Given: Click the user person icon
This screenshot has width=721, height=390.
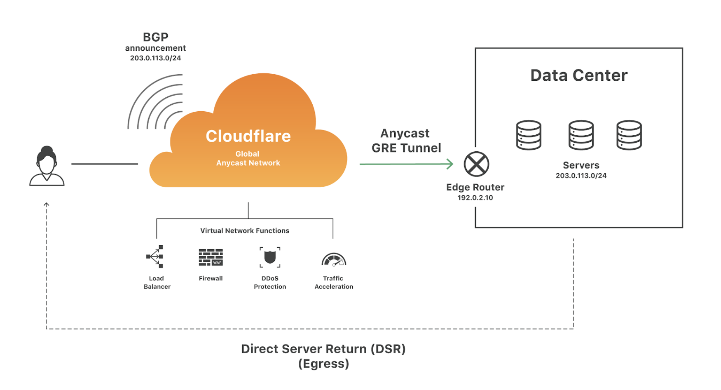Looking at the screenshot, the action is click(x=47, y=166).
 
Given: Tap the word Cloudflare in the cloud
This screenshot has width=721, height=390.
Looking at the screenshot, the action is click(x=248, y=136).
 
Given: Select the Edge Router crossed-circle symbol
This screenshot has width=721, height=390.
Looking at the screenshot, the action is click(x=476, y=164).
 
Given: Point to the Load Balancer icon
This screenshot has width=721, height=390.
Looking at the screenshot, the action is click(x=155, y=257).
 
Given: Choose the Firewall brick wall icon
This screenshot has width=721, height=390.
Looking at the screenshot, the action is click(x=211, y=257).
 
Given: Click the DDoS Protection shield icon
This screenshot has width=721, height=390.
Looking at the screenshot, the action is click(x=270, y=257).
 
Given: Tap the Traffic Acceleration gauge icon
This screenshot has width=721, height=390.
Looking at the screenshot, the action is click(x=334, y=259).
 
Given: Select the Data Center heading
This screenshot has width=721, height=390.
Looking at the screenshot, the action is click(x=579, y=75).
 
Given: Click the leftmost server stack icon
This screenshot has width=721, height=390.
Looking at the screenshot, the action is click(x=529, y=135).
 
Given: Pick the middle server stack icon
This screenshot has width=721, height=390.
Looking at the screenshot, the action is click(x=581, y=135).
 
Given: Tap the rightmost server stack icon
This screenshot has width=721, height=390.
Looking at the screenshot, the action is click(x=629, y=135).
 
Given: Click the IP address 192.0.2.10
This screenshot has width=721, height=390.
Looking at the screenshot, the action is click(x=475, y=198).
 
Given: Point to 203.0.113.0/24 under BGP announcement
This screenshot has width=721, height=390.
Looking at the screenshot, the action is click(x=156, y=58).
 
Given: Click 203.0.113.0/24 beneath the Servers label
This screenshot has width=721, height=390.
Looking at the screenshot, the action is click(x=581, y=176).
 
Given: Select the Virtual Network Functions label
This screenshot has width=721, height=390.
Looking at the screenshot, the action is click(x=245, y=231).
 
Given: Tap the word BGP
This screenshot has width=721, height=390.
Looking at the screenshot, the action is click(x=156, y=37).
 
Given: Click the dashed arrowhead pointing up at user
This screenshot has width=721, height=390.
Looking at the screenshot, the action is click(x=47, y=204).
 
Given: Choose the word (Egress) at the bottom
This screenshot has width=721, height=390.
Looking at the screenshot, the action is click(x=324, y=364).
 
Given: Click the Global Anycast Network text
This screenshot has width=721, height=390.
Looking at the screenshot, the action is click(x=248, y=158).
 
